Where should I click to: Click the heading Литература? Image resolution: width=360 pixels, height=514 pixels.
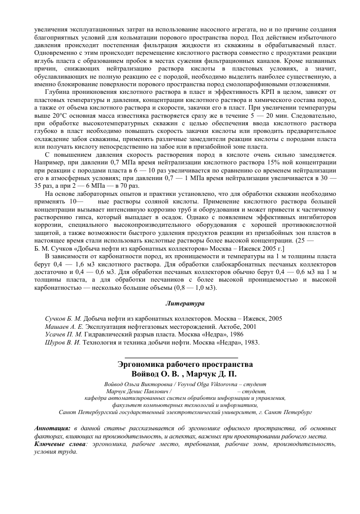click(185, 304)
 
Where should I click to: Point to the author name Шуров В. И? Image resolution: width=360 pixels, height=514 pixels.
click(62, 342)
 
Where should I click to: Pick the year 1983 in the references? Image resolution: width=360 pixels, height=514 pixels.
click(250, 342)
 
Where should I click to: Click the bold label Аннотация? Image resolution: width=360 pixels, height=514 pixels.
click(52, 429)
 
